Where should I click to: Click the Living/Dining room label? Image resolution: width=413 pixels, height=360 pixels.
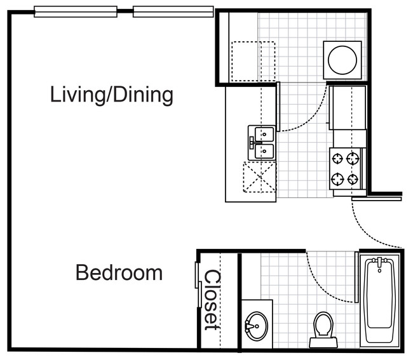pos(112,95)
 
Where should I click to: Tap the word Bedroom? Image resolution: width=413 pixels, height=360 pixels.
pos(119,273)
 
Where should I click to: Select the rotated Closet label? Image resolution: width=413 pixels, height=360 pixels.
pos(212,300)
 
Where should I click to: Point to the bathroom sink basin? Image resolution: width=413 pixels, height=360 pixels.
pos(256,326)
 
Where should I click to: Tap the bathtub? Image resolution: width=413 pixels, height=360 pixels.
pos(379,300)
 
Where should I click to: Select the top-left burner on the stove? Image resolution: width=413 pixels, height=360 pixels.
pos(337,159)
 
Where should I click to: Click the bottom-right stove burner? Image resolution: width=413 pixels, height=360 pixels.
pos(353,179)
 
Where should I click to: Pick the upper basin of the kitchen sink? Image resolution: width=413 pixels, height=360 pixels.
pos(264,134)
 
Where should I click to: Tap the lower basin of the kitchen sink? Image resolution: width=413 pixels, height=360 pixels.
pos(264,151)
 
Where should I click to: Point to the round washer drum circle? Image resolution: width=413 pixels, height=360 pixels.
pos(342,60)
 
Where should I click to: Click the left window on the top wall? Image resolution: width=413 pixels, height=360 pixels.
pos(76,12)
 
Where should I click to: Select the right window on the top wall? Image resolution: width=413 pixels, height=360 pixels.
pos(173,12)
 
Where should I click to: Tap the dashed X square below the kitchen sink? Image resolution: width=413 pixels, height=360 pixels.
pos(259,177)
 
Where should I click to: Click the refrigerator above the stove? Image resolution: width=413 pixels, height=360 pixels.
pos(348,108)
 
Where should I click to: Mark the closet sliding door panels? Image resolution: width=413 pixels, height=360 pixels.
pos(198,284)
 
